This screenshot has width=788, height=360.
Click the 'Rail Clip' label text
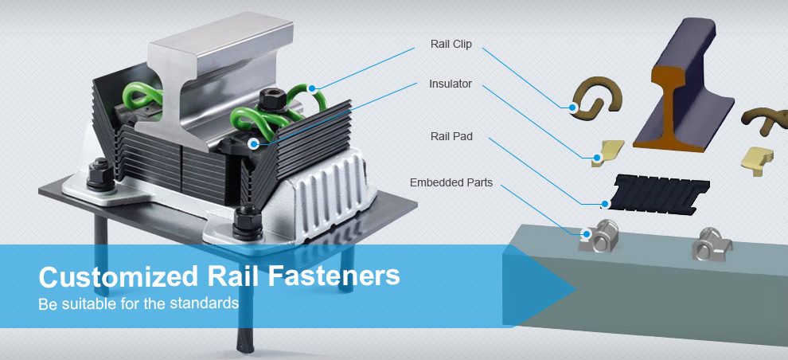(451, 45)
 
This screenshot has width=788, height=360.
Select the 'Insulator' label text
(451, 84)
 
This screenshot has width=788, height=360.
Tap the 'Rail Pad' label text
(451, 136)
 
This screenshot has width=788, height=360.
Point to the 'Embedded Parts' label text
(451, 182)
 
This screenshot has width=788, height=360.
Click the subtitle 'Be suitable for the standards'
(138, 303)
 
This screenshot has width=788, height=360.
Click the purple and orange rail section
(684, 85)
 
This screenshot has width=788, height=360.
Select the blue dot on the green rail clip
(312, 88)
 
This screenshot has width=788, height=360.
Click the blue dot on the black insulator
(254, 144)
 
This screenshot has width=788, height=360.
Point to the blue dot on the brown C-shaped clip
(572, 107)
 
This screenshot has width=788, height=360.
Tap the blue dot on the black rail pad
(606, 204)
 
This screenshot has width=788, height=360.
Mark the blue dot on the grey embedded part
(586, 234)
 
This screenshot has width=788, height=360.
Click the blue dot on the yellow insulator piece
(596, 158)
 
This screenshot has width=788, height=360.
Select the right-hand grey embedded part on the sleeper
(712, 244)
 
